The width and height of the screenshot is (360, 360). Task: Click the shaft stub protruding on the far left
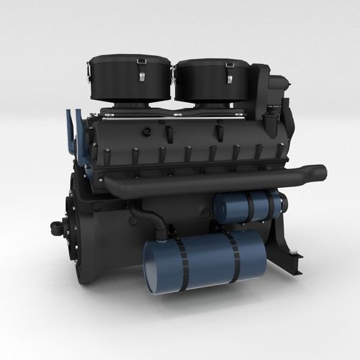[x=56, y=228]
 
